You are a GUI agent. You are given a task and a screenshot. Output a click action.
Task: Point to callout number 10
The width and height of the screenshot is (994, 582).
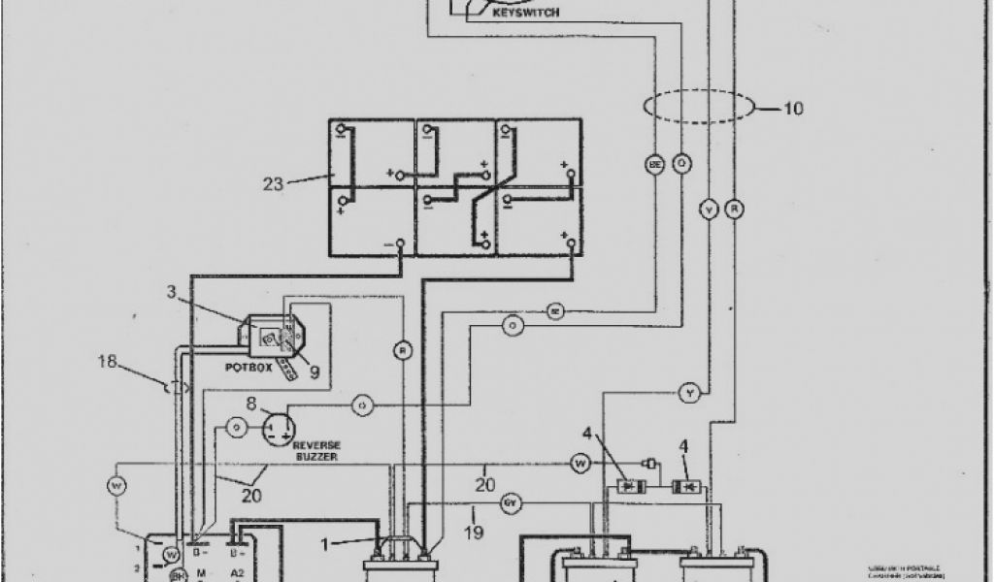click(x=792, y=108)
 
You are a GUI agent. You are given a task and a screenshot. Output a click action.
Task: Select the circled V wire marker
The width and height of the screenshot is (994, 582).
click(x=710, y=208)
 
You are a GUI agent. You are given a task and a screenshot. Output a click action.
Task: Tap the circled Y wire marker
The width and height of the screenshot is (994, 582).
click(x=688, y=392)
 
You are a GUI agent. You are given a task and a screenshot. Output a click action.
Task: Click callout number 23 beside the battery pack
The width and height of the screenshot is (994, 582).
click(x=274, y=182)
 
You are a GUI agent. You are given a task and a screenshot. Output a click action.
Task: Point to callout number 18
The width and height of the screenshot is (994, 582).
click(x=107, y=363)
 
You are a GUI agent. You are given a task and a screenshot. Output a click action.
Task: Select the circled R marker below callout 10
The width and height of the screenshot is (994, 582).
click(x=736, y=208)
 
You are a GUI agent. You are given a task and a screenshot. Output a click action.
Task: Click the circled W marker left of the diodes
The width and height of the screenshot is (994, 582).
click(x=580, y=466)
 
